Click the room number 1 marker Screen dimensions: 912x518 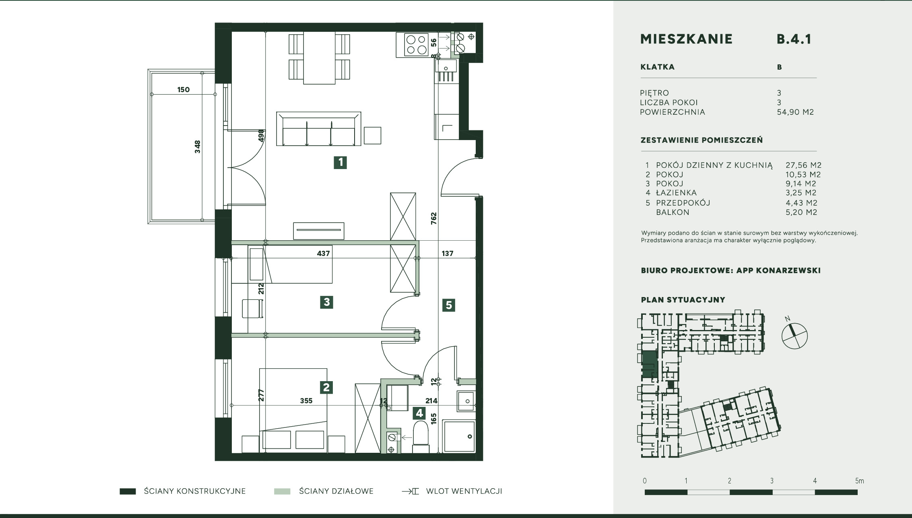click(340, 163)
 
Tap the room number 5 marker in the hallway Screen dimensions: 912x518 click(449, 305)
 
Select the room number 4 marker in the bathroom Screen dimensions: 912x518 click(419, 413)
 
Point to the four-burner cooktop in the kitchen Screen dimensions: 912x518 click(416, 45)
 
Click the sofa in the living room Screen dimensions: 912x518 click(318, 129)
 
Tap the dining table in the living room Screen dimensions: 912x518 click(319, 58)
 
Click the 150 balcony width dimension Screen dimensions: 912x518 click(184, 90)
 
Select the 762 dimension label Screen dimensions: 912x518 click(433, 218)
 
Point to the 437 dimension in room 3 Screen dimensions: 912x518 click(323, 254)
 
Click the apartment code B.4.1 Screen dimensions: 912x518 click(794, 39)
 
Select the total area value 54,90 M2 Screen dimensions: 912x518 click(795, 112)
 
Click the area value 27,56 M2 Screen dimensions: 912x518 click(803, 165)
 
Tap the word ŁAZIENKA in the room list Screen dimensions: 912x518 click(676, 193)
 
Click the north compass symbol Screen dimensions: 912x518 click(794, 336)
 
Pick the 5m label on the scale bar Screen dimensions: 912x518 click(859, 481)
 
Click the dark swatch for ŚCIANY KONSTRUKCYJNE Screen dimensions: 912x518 click(128, 491)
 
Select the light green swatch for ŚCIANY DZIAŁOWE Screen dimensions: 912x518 click(282, 491)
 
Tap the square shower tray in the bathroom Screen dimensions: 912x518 click(459, 436)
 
